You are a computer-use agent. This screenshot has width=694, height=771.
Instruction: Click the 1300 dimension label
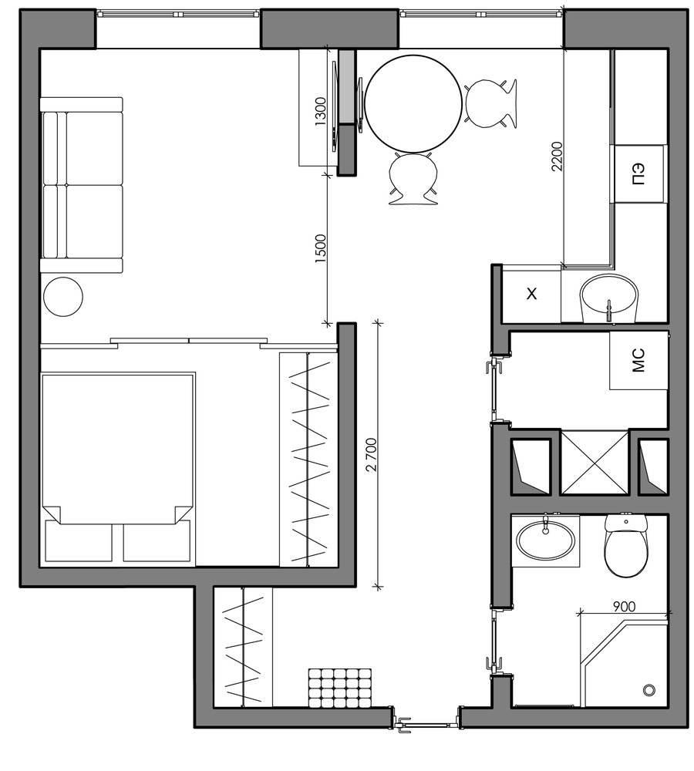pyautogui.click(x=320, y=111)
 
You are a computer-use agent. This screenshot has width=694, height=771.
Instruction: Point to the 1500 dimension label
pyautogui.click(x=320, y=247)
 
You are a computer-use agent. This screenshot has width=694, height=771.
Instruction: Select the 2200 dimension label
pyautogui.click(x=557, y=156)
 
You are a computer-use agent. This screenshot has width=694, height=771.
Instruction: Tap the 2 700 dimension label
pyautogui.click(x=372, y=454)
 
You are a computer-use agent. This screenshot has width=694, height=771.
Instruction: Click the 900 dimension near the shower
pyautogui.click(x=624, y=606)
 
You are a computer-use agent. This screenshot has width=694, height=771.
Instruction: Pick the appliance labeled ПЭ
pyautogui.click(x=638, y=174)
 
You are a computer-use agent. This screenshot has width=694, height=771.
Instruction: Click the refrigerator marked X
pyautogui.click(x=532, y=294)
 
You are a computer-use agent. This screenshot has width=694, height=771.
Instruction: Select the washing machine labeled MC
pyautogui.click(x=638, y=360)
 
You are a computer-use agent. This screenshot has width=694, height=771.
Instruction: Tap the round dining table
pyautogui.click(x=413, y=103)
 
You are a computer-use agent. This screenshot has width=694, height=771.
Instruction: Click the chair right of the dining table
pyautogui.click(x=490, y=104)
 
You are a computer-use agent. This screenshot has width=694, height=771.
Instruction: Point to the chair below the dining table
pyautogui.click(x=413, y=177)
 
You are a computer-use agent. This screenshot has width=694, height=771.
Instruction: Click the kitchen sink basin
pyautogui.click(x=608, y=297)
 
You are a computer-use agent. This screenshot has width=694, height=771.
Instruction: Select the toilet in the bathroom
pyautogui.click(x=624, y=545)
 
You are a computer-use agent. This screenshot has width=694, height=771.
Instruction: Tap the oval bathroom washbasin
pyautogui.click(x=545, y=540)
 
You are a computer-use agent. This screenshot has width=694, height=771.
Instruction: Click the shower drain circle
pyautogui.click(x=649, y=690)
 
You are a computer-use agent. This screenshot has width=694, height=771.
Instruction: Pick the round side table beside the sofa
pyautogui.click(x=63, y=297)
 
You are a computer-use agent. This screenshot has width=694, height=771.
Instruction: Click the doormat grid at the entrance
pyautogui.click(x=340, y=688)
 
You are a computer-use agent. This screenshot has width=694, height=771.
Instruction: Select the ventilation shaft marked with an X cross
pyautogui.click(x=595, y=462)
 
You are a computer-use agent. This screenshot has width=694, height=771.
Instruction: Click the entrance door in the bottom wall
pyautogui.click(x=427, y=723)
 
